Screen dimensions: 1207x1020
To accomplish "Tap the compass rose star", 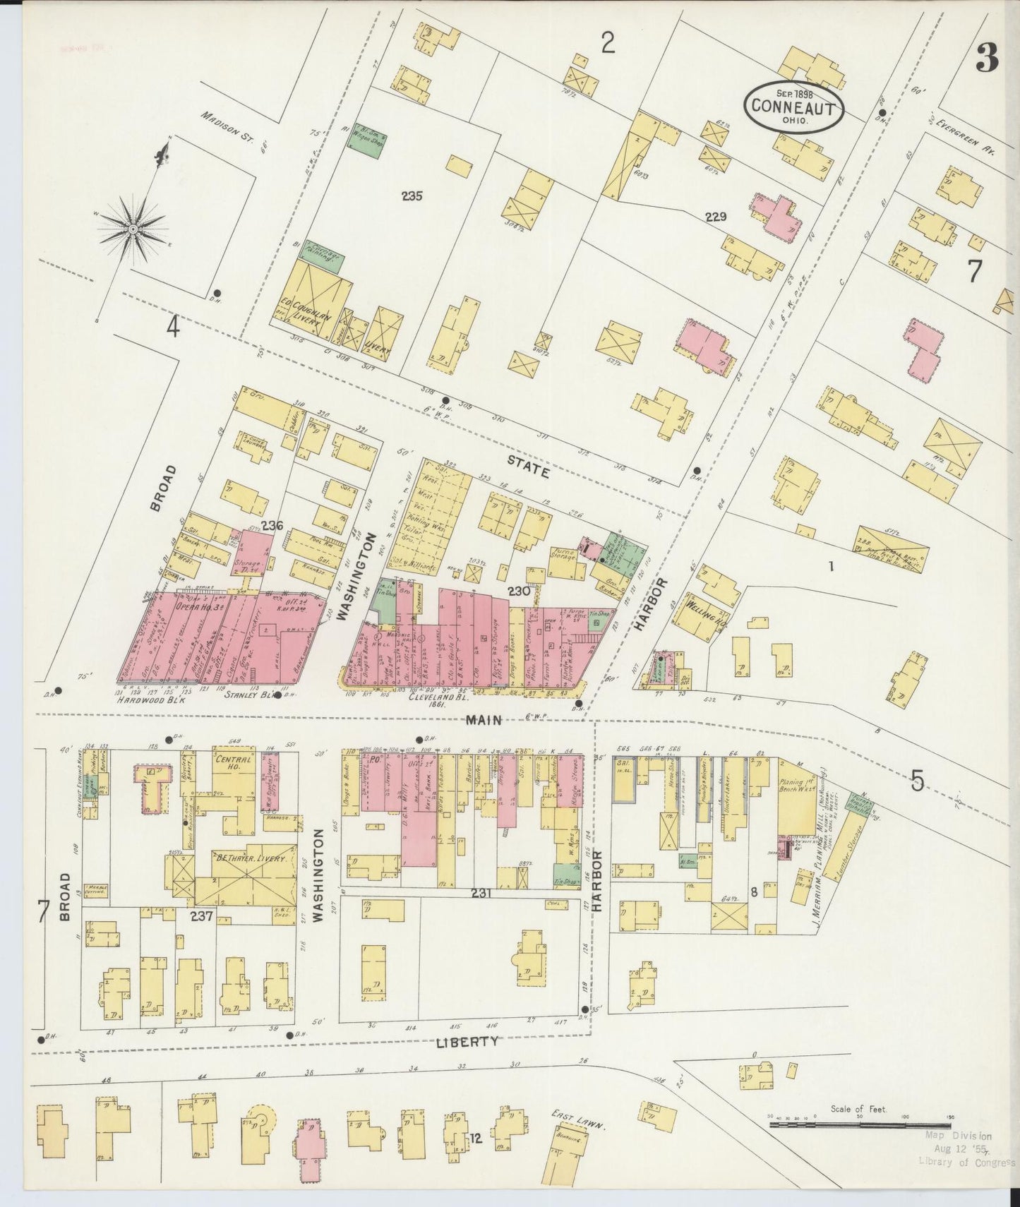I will (x=133, y=228).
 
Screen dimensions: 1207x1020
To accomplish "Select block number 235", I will (x=411, y=196).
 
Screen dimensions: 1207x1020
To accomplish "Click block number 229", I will (x=714, y=217).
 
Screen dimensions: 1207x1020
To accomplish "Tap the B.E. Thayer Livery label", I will (x=242, y=860).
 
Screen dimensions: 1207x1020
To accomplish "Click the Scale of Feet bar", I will (x=858, y=1123).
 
